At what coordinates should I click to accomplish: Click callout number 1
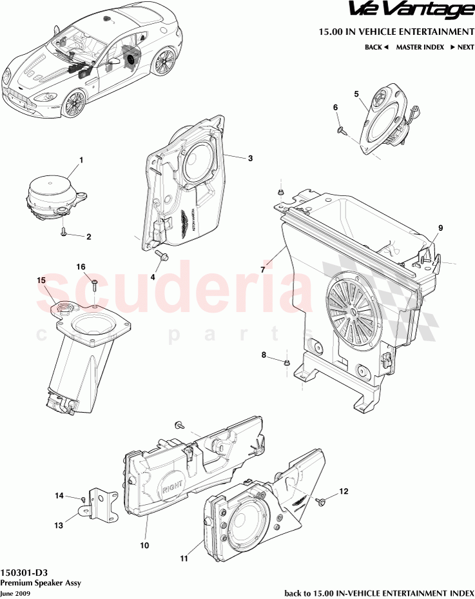(81, 159)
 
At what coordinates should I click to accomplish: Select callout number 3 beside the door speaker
(250, 158)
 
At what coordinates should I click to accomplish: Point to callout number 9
(441, 228)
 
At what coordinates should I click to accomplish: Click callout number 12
(343, 491)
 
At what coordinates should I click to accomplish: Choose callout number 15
(41, 280)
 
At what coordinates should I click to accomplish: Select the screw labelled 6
(340, 130)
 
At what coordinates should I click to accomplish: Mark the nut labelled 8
(286, 364)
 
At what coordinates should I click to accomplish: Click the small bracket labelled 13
(96, 503)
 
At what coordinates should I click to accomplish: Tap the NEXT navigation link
(461, 47)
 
